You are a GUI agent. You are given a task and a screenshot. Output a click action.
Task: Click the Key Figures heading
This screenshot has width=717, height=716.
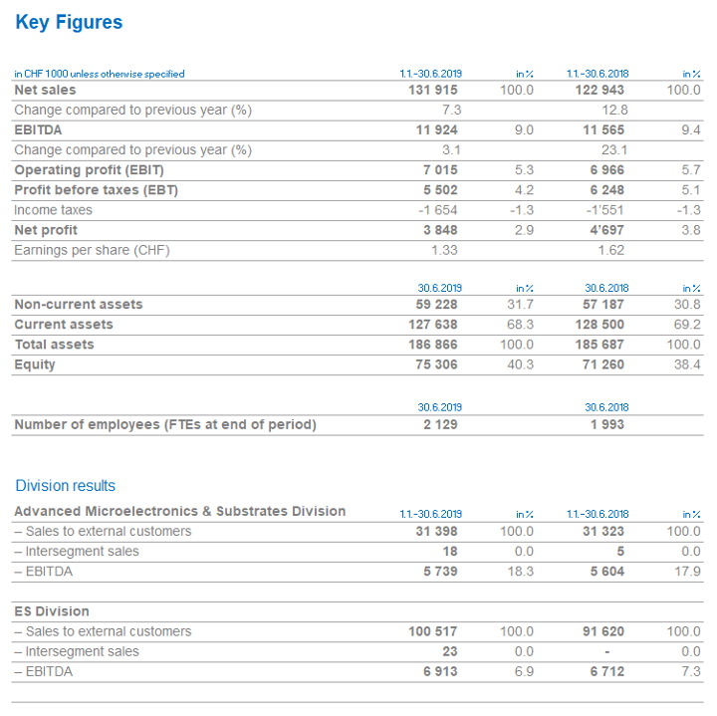69,22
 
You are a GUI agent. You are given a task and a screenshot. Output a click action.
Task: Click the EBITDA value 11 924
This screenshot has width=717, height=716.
438,130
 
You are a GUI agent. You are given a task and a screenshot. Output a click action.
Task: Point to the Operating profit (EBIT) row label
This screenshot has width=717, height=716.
89,170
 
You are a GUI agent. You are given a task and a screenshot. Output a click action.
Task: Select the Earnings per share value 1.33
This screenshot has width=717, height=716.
444,250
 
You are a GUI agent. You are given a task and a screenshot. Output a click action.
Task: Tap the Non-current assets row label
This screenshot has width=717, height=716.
79,305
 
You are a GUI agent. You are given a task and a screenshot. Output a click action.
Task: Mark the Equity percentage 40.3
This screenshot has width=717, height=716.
521,364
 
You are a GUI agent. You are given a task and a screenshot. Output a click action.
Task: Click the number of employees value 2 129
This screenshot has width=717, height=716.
440,425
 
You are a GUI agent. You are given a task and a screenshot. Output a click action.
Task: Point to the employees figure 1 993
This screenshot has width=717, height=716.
607,425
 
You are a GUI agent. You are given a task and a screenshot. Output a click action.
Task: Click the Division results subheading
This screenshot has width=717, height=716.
66,486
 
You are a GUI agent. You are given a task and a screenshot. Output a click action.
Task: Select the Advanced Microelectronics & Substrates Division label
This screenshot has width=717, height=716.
180,511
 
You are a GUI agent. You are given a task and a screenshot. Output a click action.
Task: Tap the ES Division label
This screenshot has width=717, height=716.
52,611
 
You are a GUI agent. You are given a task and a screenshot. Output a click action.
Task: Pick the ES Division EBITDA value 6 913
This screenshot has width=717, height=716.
441,671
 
